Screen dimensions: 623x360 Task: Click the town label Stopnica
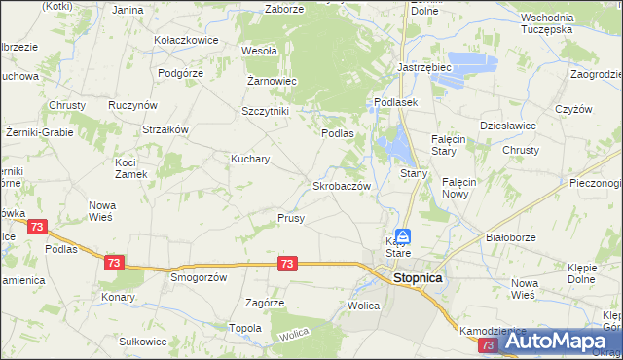click(418, 277)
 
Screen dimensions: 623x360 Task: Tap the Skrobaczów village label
click(341, 185)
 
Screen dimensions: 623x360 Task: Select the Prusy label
click(291, 218)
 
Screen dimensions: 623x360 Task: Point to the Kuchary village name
click(250, 158)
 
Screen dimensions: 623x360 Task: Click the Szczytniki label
click(266, 111)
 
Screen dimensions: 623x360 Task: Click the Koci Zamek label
click(130, 167)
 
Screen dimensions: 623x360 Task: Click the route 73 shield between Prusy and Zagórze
click(287, 264)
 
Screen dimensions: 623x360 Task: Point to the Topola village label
click(244, 328)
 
